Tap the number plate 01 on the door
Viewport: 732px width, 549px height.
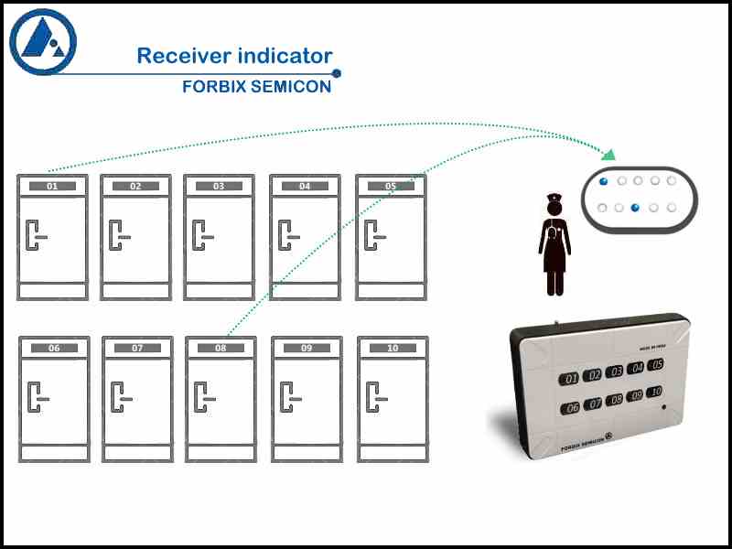coord(53,186)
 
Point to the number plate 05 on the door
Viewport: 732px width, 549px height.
coord(391,186)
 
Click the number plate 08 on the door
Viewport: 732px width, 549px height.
coord(221,348)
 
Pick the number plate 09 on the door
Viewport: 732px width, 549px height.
coord(307,348)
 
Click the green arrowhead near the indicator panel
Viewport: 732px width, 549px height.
coord(608,152)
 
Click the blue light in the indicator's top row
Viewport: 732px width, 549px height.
coord(602,181)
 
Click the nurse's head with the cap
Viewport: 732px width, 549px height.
coord(554,206)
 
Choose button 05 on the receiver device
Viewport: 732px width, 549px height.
coord(656,365)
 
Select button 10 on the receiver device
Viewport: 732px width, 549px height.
coord(656,393)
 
